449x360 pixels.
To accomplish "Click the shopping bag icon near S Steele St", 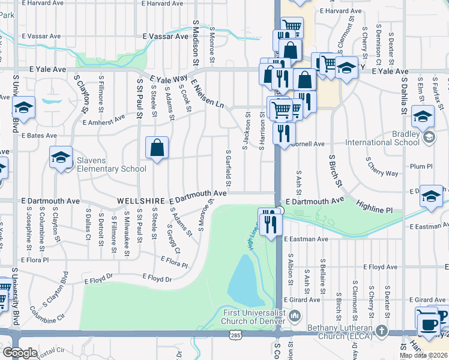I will point(157,148).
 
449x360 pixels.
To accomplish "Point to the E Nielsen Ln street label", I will point(208,96).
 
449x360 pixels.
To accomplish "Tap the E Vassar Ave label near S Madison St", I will point(165,36).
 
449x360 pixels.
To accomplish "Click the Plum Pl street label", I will point(420,166).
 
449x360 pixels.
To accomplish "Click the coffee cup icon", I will point(428,324).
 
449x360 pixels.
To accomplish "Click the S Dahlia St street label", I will point(404,96).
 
